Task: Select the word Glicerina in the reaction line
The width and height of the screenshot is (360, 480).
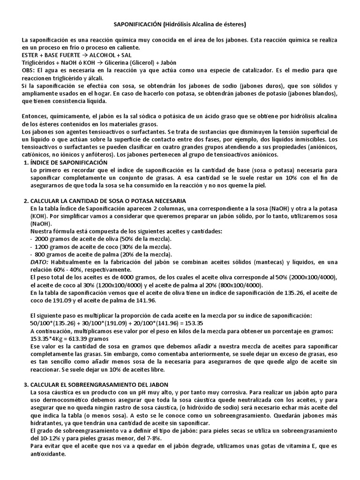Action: (108, 62)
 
